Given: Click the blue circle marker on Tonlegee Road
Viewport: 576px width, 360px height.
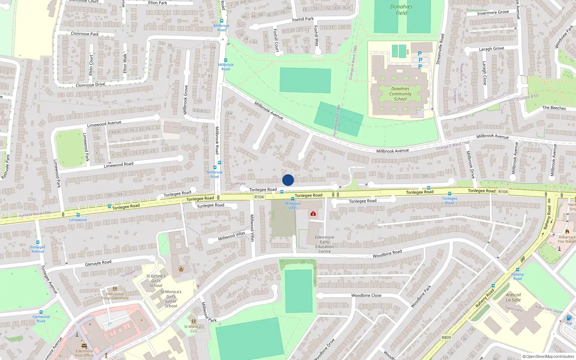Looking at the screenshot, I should click(288, 180).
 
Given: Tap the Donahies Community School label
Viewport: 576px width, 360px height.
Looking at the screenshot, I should click(400, 94).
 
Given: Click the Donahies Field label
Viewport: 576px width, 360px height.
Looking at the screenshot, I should click(401, 10).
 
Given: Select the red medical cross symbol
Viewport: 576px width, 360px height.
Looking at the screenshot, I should click(313, 214).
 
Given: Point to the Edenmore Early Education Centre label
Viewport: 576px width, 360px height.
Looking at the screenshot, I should click(324, 244).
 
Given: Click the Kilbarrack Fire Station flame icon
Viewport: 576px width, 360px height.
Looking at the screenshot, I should click(567, 231).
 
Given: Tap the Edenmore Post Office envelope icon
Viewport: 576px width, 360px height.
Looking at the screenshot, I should click(84, 346).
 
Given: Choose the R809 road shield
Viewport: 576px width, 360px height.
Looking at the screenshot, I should click(446, 337).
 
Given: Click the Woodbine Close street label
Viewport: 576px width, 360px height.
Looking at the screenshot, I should click(366, 295).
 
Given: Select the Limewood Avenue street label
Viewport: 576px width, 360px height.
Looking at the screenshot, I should click(104, 124).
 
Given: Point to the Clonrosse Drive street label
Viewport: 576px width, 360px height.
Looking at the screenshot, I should click(90, 85).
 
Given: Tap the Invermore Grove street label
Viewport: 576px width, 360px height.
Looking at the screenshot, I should click(493, 13).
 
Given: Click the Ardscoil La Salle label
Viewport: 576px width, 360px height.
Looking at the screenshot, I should click(513, 297).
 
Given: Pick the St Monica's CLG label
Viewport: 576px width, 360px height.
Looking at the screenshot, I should click(194, 329).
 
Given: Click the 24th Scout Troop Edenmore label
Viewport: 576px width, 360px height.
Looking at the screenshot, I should click(115, 296).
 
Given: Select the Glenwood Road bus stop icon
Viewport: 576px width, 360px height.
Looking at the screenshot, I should click(41, 312).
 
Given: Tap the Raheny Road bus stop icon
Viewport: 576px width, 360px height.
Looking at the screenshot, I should click(518, 270).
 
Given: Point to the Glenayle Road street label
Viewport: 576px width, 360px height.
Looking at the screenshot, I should click(98, 263).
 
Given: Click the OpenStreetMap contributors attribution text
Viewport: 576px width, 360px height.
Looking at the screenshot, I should click(548, 356).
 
